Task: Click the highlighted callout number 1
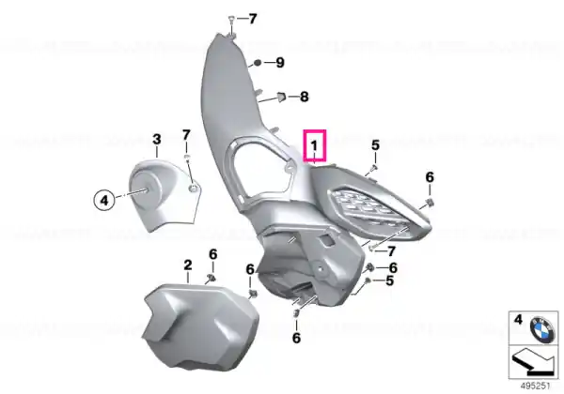tap(315, 145)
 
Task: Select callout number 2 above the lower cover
tap(188, 265)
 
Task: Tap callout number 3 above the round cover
tap(156, 139)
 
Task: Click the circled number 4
tap(104, 200)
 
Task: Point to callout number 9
tap(280, 63)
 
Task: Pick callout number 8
tap(305, 97)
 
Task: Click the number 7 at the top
tap(253, 19)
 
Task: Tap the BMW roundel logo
tap(541, 328)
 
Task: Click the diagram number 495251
tap(536, 386)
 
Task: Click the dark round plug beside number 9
tap(258, 63)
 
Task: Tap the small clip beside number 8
tap(281, 97)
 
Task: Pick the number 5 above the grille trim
tap(375, 145)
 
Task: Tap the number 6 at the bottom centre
tap(296, 338)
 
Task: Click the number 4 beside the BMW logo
tap(518, 319)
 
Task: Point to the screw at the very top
tap(232, 20)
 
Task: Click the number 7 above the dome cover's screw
tap(186, 135)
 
